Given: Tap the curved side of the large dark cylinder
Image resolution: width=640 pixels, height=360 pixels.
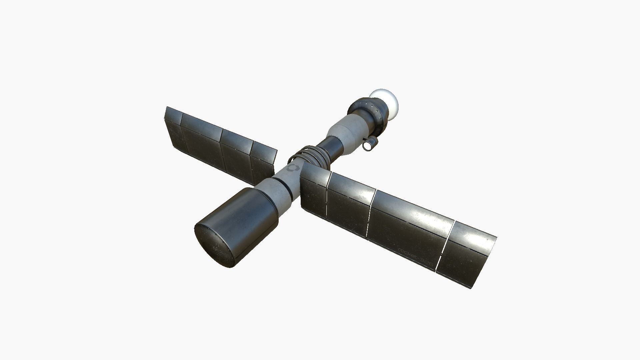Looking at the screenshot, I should tap(243, 213).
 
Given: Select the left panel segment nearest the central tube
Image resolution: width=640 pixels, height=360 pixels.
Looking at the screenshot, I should tap(263, 163).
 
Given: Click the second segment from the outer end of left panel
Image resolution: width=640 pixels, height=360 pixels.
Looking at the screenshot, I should tap(200, 140).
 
